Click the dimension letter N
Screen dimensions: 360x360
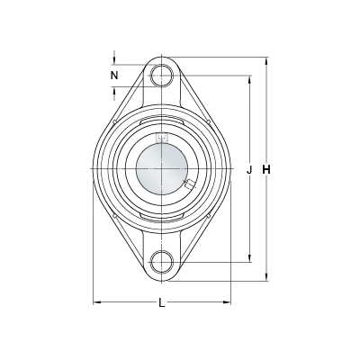(114, 76)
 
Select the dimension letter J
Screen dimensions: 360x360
(248, 170)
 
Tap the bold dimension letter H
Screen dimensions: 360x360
(266, 170)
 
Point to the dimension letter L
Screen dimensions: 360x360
(162, 303)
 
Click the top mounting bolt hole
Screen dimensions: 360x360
(162, 75)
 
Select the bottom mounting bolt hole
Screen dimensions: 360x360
(162, 262)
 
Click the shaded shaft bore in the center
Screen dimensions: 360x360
(162, 169)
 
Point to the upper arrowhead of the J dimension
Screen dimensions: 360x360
(249, 79)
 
